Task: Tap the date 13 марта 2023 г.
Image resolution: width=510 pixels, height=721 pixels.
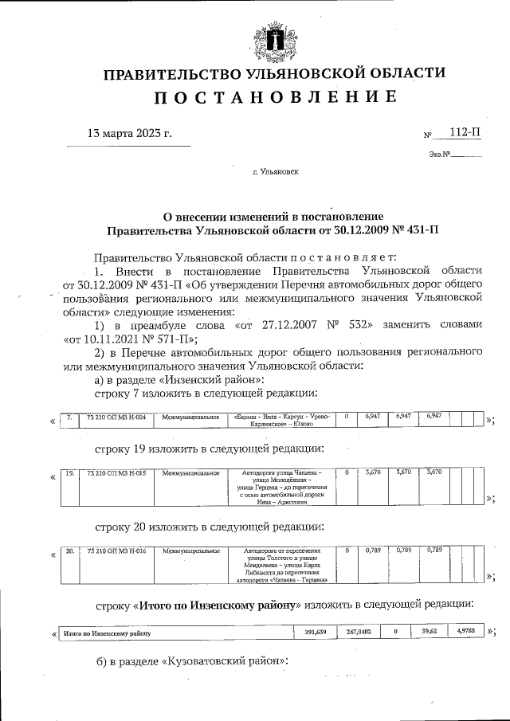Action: click(129, 133)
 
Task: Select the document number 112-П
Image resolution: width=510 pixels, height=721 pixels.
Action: click(466, 133)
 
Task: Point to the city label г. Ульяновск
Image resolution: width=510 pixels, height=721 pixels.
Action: click(276, 170)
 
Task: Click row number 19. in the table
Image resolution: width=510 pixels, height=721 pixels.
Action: click(69, 472)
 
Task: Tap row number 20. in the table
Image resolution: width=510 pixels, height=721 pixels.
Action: click(69, 551)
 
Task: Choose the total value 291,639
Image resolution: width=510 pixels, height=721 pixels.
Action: click(316, 633)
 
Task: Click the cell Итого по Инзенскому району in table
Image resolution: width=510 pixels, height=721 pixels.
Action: click(107, 634)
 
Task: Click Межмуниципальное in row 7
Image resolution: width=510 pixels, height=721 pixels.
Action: click(190, 417)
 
